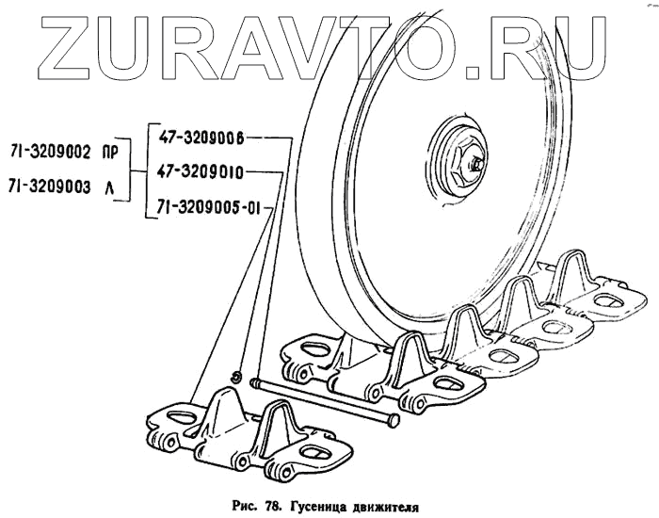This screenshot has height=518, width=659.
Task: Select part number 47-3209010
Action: (x=201, y=171)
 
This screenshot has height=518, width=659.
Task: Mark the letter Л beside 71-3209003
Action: (x=111, y=186)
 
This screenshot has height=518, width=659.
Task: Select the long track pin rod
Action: (x=320, y=399)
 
